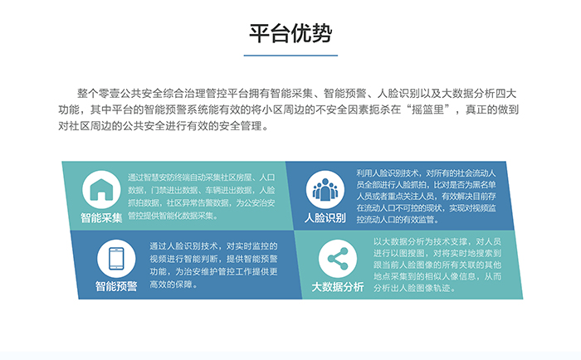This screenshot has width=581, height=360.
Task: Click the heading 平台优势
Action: coord(290,33)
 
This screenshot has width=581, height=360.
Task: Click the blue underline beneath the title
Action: coord(290,56)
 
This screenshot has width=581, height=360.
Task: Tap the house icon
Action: coord(101,189)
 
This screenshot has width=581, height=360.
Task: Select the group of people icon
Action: coord(325,190)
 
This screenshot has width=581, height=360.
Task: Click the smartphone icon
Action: coord(116,259)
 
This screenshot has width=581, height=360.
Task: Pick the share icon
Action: coord(338,259)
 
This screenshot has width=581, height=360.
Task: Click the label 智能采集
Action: coord(101,218)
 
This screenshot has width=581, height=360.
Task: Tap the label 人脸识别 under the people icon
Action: coord(325,218)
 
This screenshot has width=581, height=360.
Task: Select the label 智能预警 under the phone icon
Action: coord(116,286)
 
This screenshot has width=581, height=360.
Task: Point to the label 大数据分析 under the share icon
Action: coord(338,287)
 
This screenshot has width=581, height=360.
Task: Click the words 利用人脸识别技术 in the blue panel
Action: coord(388,173)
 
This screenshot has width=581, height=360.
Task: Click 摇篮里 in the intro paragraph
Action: coord(428,109)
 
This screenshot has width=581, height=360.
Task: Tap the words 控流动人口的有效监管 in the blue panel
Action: coord(395,219)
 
